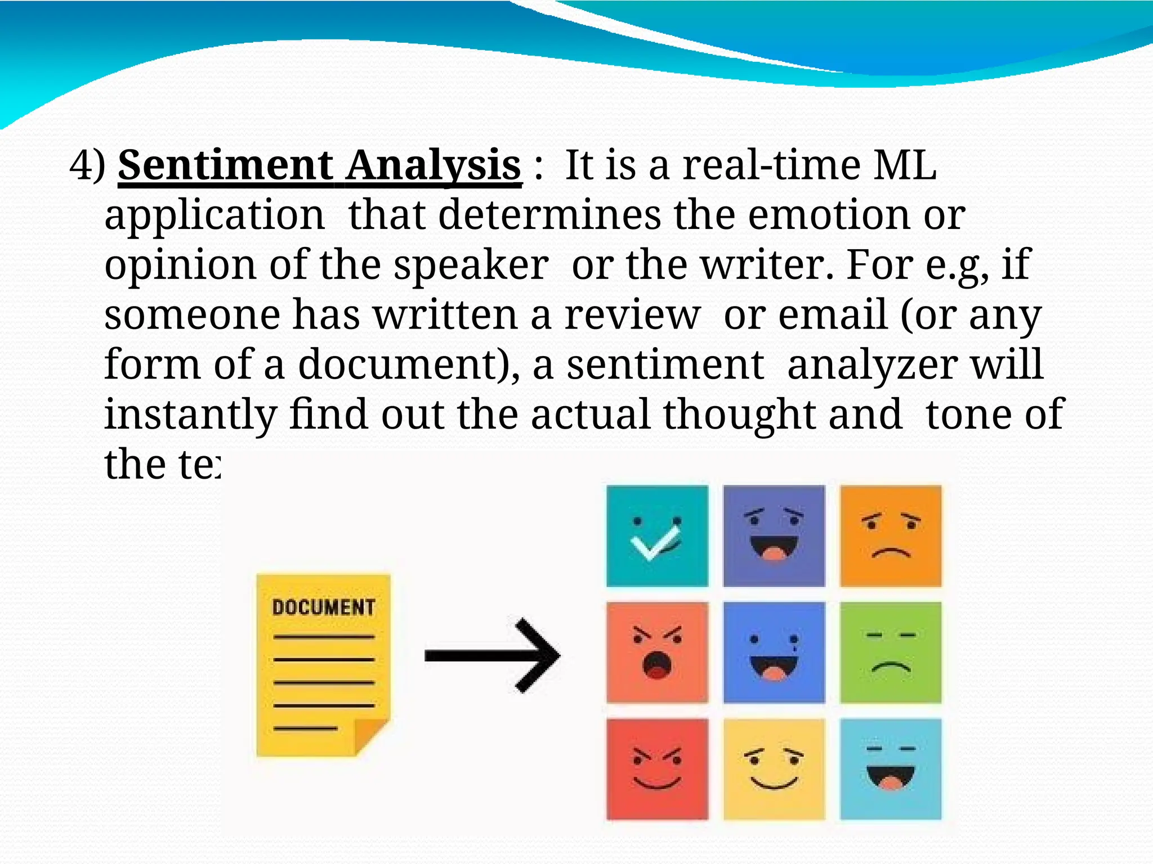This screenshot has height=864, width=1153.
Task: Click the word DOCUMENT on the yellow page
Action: [x=323, y=607]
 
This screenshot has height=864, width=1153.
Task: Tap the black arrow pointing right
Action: [x=492, y=655]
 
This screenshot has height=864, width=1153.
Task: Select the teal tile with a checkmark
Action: [x=657, y=536]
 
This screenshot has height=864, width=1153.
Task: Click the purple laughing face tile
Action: [x=774, y=536]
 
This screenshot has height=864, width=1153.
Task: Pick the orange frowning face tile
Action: [x=890, y=536]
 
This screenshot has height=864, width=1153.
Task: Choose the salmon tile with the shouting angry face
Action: [x=657, y=652]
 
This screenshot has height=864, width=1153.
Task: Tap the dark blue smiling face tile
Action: [x=774, y=652]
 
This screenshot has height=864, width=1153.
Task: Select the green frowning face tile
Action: [x=890, y=652]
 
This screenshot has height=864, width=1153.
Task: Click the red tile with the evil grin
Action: [x=657, y=769]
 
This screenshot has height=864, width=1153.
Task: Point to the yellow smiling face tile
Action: [x=774, y=769]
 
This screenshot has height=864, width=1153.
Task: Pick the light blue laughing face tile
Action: [x=890, y=769]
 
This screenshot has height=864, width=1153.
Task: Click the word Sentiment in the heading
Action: [x=225, y=165]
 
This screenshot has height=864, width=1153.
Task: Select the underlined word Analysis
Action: [x=433, y=165]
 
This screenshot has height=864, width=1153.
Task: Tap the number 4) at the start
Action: [x=87, y=165]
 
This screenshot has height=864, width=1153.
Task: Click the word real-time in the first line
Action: [x=771, y=165]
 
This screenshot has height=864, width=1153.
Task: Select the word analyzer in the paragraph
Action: [x=872, y=364]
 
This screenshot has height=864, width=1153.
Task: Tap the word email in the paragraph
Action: [x=833, y=315]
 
